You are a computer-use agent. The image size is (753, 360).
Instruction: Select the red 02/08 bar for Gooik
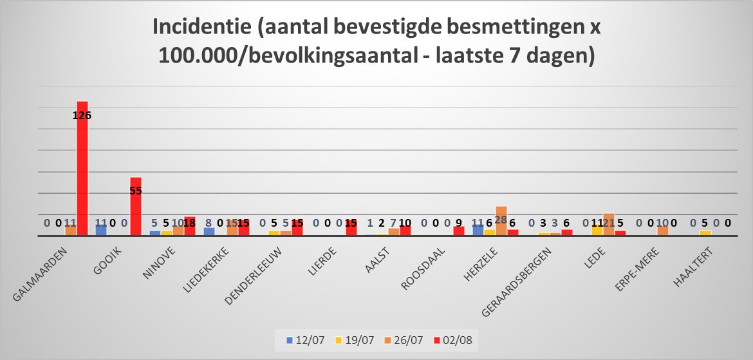136,207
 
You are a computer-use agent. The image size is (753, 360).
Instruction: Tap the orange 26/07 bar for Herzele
501,221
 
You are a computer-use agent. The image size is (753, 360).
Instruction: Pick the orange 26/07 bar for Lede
609,224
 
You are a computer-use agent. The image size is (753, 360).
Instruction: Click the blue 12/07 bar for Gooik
101,230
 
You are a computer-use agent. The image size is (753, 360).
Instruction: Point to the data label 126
82,116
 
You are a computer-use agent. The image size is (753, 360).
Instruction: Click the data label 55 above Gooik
136,191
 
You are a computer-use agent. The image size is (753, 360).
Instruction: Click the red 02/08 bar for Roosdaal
459,231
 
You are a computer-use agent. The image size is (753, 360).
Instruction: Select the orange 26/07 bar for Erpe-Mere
663,231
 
